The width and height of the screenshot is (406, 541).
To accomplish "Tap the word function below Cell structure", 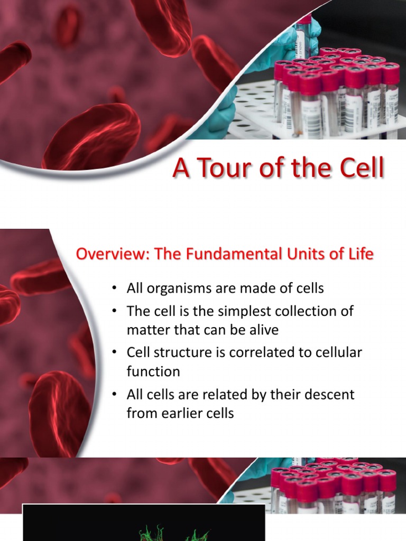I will pyautogui.click(x=153, y=371).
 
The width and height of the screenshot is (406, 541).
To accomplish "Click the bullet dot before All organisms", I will pyautogui.click(x=114, y=289).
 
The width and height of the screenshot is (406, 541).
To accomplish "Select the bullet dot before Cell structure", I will pyautogui.click(x=114, y=352).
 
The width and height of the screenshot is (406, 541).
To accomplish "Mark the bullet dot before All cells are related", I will pyautogui.click(x=114, y=394).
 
